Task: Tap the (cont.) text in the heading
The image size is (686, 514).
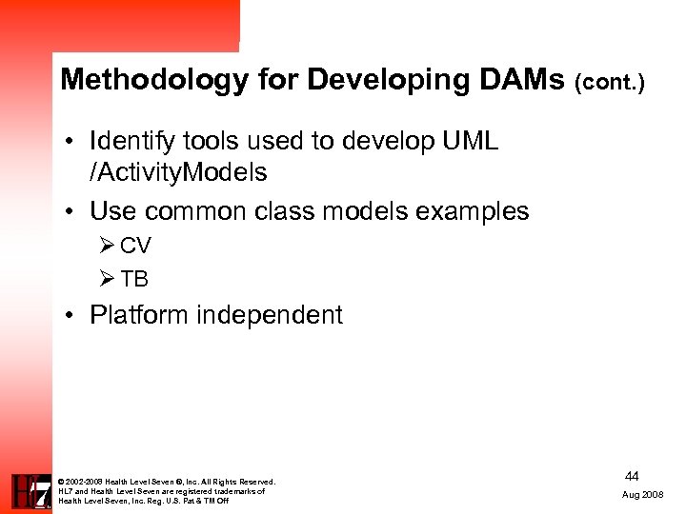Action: tap(610, 83)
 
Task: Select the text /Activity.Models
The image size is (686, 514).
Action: tap(178, 173)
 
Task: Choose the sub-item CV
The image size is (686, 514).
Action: tap(135, 247)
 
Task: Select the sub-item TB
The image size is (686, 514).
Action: tap(134, 280)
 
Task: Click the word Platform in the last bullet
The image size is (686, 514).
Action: tap(139, 316)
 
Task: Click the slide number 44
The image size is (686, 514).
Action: tap(632, 475)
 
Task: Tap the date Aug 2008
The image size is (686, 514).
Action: tap(643, 496)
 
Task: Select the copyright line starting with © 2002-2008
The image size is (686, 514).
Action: tap(167, 482)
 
